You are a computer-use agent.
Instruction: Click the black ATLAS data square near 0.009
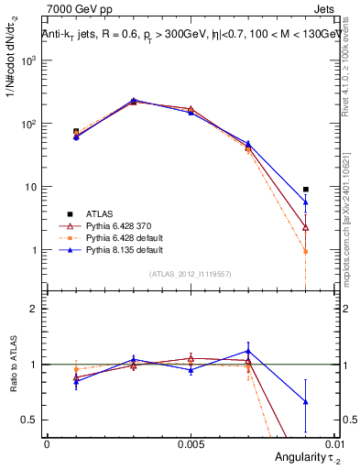[x=306, y=190]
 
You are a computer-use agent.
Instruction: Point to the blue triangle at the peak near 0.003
[x=134, y=100]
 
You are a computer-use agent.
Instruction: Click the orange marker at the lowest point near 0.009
[x=306, y=251]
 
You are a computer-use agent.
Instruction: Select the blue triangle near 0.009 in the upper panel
[x=306, y=202]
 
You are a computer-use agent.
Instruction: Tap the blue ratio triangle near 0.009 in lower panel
[x=306, y=401]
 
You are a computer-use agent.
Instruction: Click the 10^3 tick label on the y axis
[x=30, y=60]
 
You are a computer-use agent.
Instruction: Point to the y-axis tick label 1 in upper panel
[x=35, y=250]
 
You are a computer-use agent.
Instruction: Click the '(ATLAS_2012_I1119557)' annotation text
[x=191, y=274]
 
